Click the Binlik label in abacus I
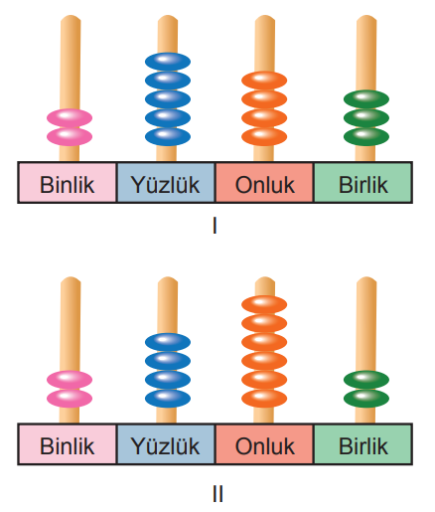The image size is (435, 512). click(x=68, y=184)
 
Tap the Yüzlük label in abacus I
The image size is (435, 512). click(x=165, y=184)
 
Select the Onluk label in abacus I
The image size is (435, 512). click(x=265, y=184)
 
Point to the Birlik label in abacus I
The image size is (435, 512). click(x=363, y=184)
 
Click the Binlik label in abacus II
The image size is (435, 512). click(x=68, y=445)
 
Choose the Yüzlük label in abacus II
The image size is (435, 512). click(x=165, y=445)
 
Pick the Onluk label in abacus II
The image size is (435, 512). click(x=265, y=445)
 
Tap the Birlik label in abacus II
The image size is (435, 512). click(x=363, y=445)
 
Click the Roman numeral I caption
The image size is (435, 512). click(x=215, y=226)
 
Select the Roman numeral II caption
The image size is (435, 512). click(x=217, y=494)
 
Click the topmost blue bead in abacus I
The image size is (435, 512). click(x=168, y=62)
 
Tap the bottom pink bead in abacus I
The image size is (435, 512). click(x=70, y=136)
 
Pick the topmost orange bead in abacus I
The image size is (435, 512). click(x=264, y=81)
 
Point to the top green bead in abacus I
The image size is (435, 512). click(x=366, y=99)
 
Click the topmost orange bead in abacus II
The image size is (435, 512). click(x=264, y=304)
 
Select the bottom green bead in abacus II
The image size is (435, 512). click(x=366, y=398)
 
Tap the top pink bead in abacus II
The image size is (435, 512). click(x=70, y=380)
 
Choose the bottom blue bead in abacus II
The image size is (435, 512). click(x=168, y=398)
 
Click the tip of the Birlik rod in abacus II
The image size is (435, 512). click(x=366, y=277)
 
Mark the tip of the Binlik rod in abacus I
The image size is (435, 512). click(x=71, y=16)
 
